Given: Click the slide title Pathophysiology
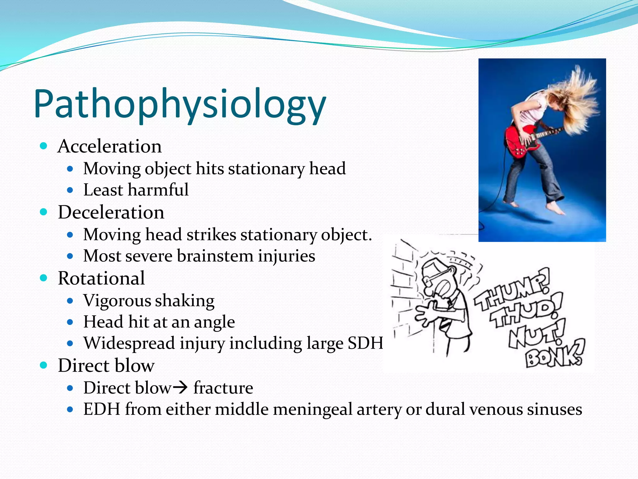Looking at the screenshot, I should (180, 104).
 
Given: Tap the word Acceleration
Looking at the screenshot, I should (110, 146).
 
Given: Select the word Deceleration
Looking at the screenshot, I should (111, 212).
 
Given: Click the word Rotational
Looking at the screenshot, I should (101, 278).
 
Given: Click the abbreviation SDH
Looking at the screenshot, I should (365, 343).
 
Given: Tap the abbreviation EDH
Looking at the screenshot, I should (102, 409).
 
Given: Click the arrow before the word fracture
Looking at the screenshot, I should (180, 388).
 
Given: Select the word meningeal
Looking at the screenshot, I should (312, 409).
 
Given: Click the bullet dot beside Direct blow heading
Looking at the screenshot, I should (44, 365).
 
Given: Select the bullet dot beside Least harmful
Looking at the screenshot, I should (70, 190).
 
